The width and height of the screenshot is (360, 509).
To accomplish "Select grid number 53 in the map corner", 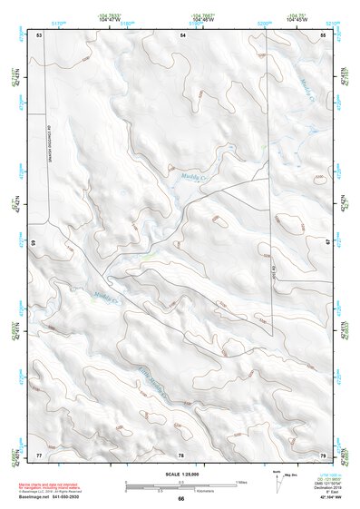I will pos(39,34).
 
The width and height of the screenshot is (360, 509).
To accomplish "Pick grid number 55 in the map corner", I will pos(323,34).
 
